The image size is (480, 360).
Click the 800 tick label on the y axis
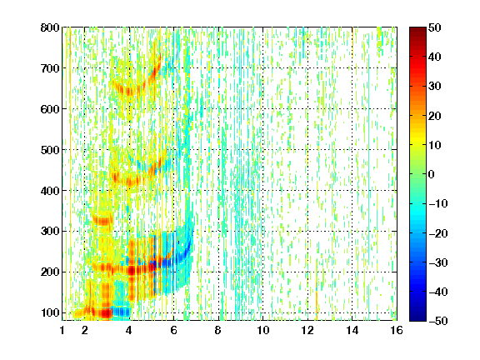(50, 27)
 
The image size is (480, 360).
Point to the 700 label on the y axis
(50, 68)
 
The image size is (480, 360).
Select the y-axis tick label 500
(50, 150)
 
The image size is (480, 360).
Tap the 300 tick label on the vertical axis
(50, 232)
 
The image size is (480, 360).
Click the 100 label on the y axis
(50, 312)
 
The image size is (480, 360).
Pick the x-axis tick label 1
(62, 330)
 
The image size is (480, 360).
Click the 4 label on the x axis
(129, 330)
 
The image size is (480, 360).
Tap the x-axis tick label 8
(218, 330)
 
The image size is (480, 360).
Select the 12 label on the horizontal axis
(307, 330)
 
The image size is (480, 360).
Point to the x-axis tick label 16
(397, 330)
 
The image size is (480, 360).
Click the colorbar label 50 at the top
(434, 27)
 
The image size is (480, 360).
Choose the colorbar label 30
(434, 87)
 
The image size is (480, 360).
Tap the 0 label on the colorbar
(431, 174)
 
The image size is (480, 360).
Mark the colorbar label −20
(438, 233)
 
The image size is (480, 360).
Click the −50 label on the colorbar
(438, 321)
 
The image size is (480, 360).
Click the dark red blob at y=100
(105, 312)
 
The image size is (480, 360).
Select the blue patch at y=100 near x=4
(122, 312)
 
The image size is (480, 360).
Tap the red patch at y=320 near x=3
(102, 221)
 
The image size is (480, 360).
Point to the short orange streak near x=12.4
(317, 302)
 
